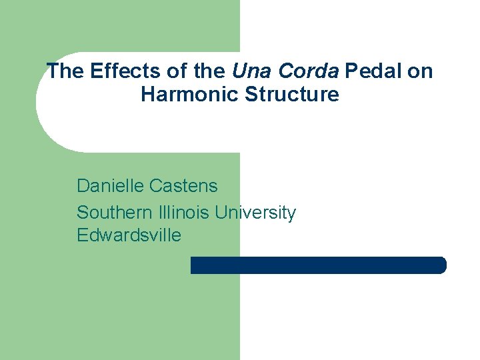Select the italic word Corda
click(309, 71)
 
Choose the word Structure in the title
click(292, 94)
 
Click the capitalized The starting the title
click(64, 71)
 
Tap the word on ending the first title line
click(419, 71)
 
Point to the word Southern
click(114, 213)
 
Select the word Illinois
click(185, 213)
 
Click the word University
click(255, 213)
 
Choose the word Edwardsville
click(129, 235)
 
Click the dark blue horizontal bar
click(318, 265)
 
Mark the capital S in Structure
click(251, 94)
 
